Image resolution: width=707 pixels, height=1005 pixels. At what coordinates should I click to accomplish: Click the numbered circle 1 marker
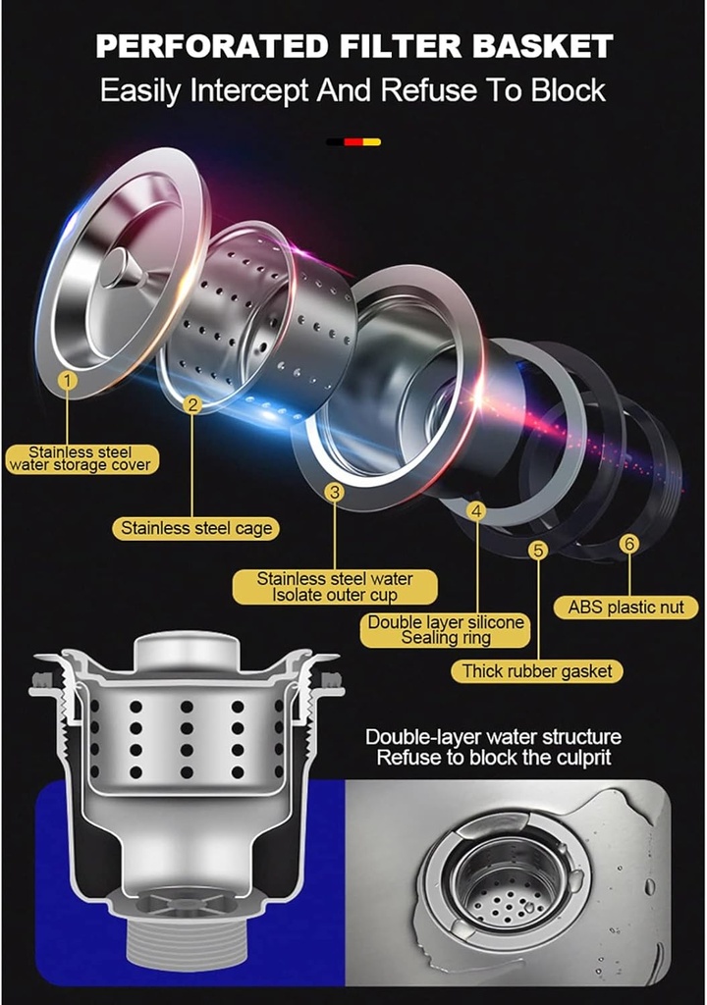pos(68,381)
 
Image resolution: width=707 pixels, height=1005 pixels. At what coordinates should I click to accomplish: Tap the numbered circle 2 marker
pos(191,404)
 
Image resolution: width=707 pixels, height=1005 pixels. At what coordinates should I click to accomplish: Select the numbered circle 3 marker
pos(334,493)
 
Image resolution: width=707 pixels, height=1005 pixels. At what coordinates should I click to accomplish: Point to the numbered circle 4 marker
pos(476,510)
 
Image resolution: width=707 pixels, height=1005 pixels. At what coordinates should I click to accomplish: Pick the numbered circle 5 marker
pos(538,550)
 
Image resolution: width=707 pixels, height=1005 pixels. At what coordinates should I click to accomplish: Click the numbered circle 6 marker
pos(629,544)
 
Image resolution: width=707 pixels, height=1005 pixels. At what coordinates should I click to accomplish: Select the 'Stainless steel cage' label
pos(196,529)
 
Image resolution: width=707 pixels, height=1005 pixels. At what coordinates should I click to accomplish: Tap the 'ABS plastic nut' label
pos(625,607)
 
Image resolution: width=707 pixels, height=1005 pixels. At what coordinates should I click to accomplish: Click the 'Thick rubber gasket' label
pos(537,671)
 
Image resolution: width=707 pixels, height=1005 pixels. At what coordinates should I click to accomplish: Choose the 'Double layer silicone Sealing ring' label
pos(446,630)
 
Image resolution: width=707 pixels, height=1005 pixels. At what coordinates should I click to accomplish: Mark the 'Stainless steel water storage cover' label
pos(81,459)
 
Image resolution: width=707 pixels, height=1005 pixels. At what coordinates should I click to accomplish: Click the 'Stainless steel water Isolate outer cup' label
pos(334,587)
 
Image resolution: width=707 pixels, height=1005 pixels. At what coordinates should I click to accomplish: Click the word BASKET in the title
pos(543,47)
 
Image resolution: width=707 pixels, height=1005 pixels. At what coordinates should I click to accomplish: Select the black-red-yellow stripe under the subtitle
pos(353,141)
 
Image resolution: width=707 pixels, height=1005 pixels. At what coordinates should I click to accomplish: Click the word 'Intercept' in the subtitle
pos(249,90)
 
